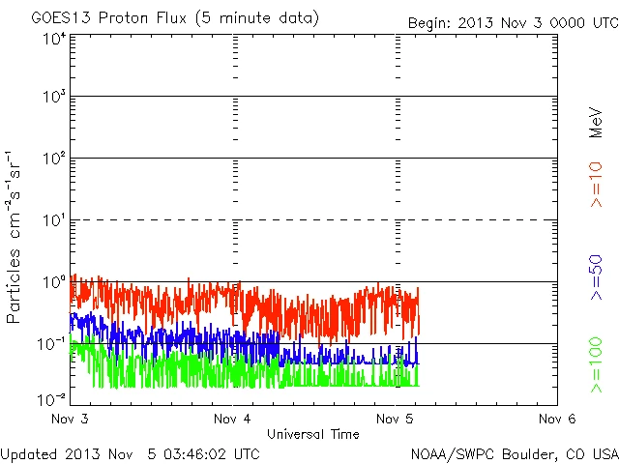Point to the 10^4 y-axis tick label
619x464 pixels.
point(53,39)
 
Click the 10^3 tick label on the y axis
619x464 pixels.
point(53,97)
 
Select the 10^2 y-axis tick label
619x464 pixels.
point(53,158)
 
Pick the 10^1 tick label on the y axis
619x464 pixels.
point(53,219)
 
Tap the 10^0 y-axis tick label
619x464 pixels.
point(53,281)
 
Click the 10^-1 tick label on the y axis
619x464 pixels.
point(51,343)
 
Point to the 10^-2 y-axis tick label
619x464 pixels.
point(51,398)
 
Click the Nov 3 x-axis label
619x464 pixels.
point(71,419)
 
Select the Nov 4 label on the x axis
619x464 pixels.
point(232,419)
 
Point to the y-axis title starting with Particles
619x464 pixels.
point(14,236)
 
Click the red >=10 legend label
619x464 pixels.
point(597,184)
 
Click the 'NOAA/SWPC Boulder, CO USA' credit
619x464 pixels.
point(513,452)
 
